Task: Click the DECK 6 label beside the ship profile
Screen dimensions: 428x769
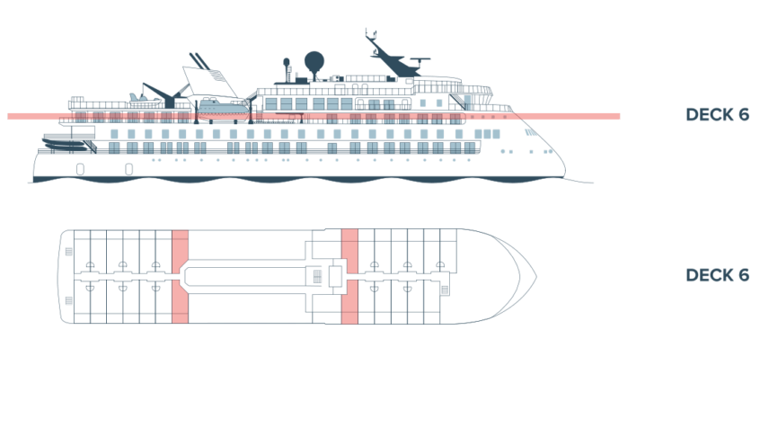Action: pyautogui.click(x=717, y=115)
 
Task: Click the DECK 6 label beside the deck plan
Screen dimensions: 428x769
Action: pyautogui.click(x=717, y=275)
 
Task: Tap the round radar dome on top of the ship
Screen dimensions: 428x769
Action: pyautogui.click(x=314, y=62)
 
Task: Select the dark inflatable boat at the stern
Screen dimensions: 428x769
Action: pyautogui.click(x=68, y=142)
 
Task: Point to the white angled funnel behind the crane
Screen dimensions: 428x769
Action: pyautogui.click(x=208, y=76)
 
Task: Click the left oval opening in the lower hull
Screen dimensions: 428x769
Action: pyautogui.click(x=81, y=168)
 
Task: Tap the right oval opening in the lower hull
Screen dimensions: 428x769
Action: pyautogui.click(x=129, y=168)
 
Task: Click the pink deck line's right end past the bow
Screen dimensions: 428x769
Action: pyautogui.click(x=616, y=116)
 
